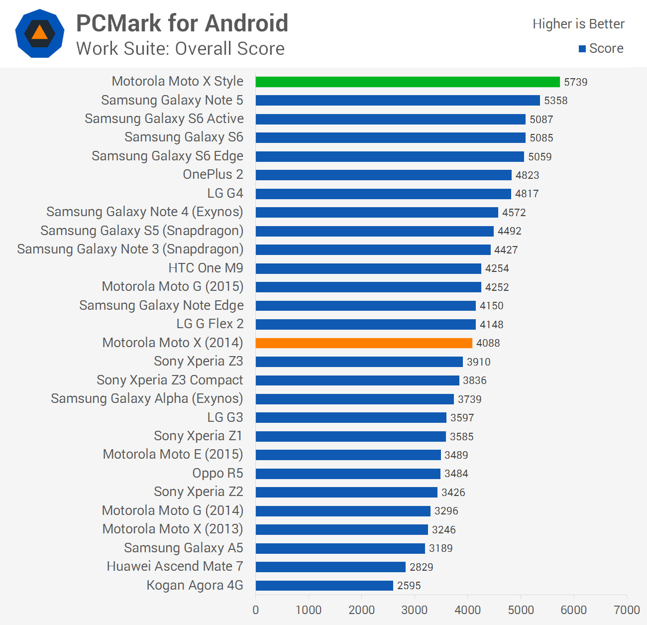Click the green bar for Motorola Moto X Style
[408, 82]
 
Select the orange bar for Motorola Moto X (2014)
[364, 343]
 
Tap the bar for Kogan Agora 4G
[324, 586]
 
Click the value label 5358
[555, 101]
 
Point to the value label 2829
[421, 567]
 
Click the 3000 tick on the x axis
[415, 610]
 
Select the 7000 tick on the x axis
[627, 610]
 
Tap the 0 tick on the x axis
[256, 610]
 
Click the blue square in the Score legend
[582, 49]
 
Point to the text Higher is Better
[578, 24]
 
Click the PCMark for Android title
[182, 23]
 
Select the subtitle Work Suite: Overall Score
[180, 49]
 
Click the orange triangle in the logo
[40, 33]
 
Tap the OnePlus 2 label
[213, 174]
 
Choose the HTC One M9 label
[206, 268]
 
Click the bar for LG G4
[383, 194]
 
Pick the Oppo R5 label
[217, 473]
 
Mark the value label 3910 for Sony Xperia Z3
[478, 362]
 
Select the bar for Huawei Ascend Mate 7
[330, 567]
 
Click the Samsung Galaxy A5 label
[184, 548]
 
